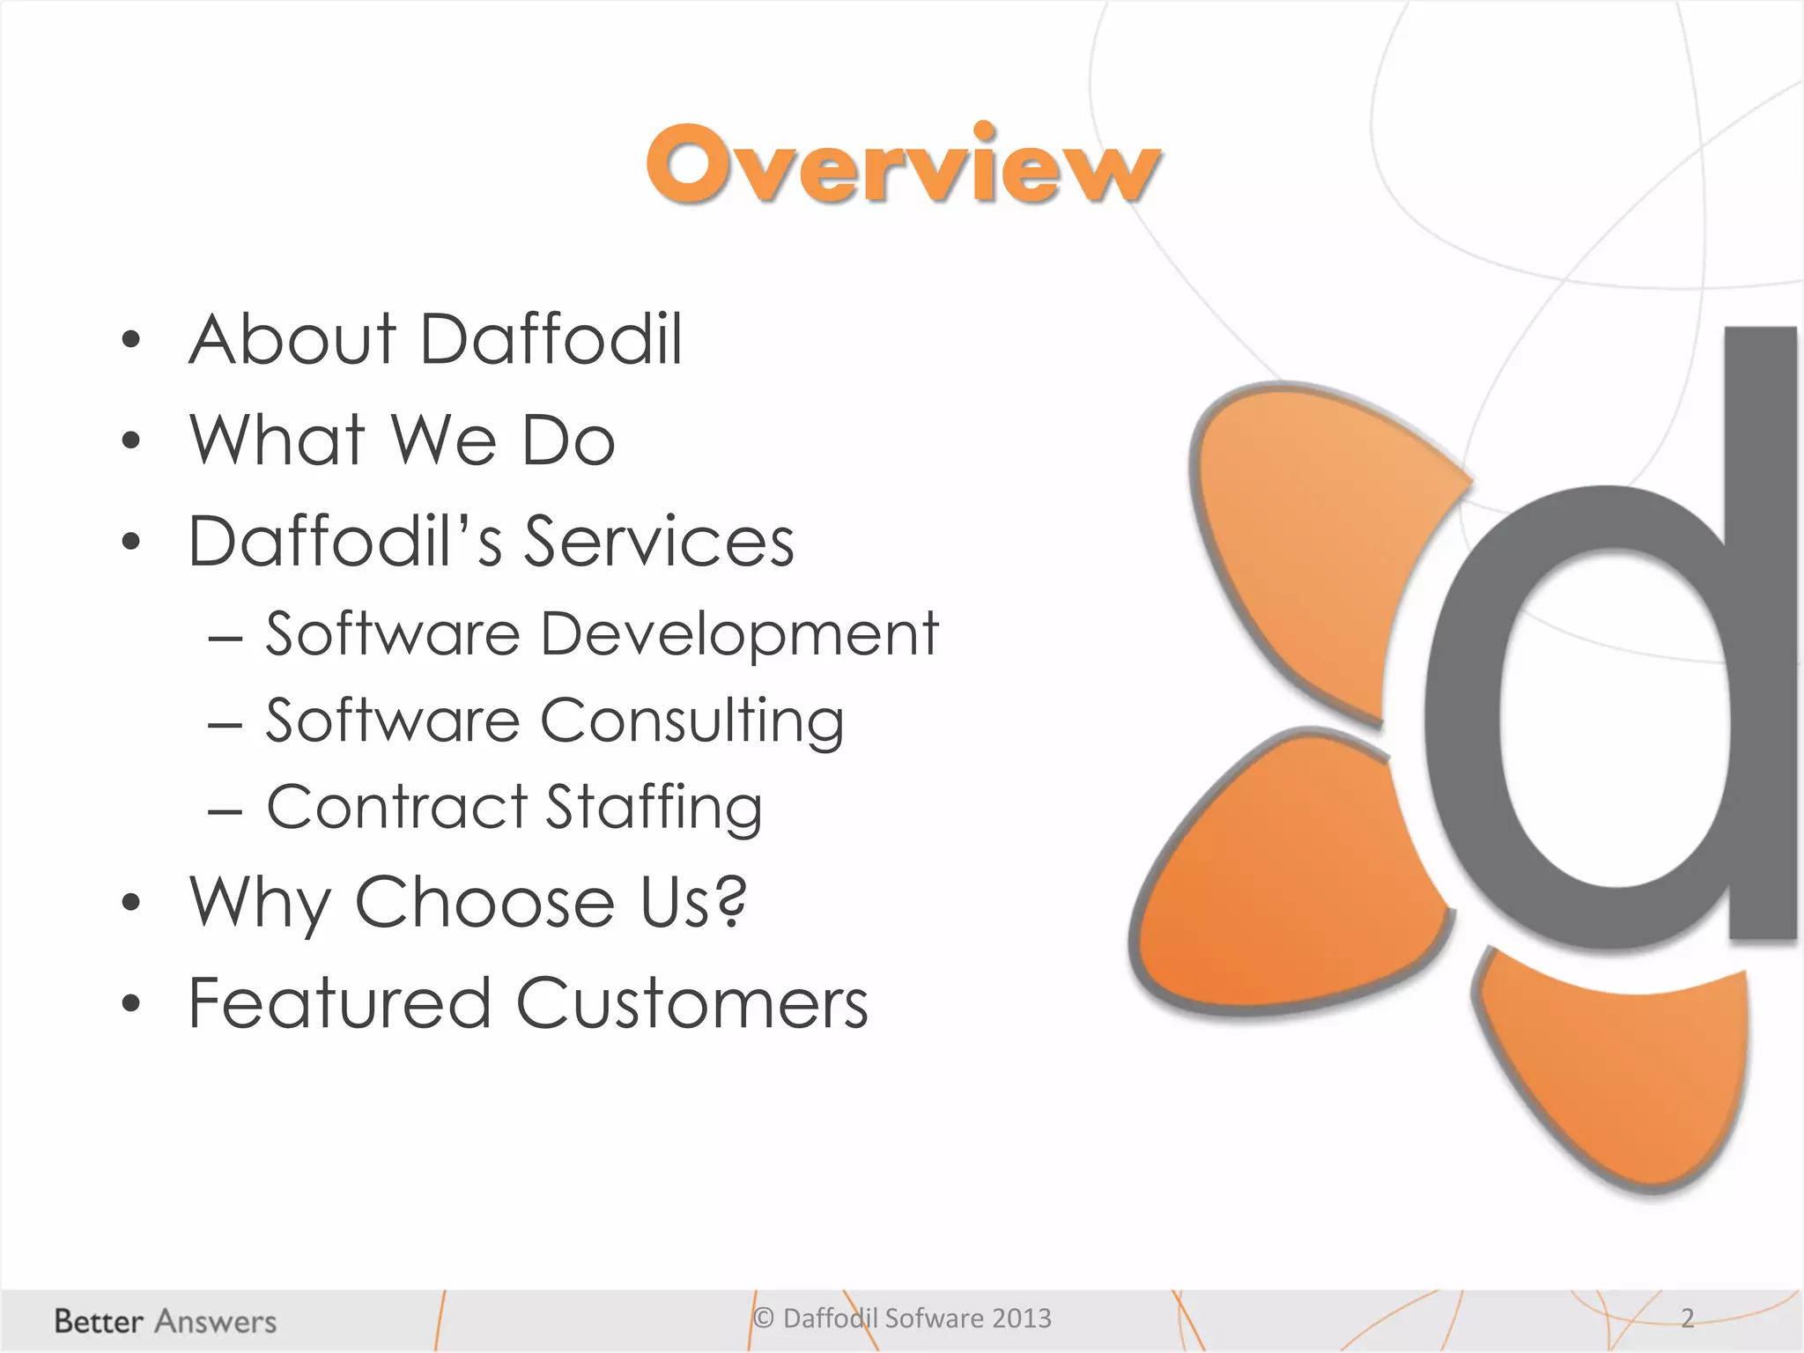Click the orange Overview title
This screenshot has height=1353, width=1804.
click(x=904, y=166)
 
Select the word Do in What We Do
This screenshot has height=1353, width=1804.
click(x=568, y=440)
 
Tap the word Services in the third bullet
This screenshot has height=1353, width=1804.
click(x=660, y=541)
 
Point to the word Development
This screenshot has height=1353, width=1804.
click(x=739, y=635)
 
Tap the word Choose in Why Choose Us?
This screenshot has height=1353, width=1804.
click(x=484, y=903)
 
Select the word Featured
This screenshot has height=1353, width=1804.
click(x=340, y=1003)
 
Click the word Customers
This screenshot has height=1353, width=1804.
click(x=692, y=1003)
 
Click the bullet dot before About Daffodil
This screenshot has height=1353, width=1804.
click(x=131, y=341)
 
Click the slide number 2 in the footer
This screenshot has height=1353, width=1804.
click(x=1687, y=1318)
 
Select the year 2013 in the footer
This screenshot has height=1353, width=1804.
click(x=1022, y=1318)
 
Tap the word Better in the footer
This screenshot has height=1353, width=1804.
click(x=99, y=1321)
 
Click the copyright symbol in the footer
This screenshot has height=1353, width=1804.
click(x=764, y=1318)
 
